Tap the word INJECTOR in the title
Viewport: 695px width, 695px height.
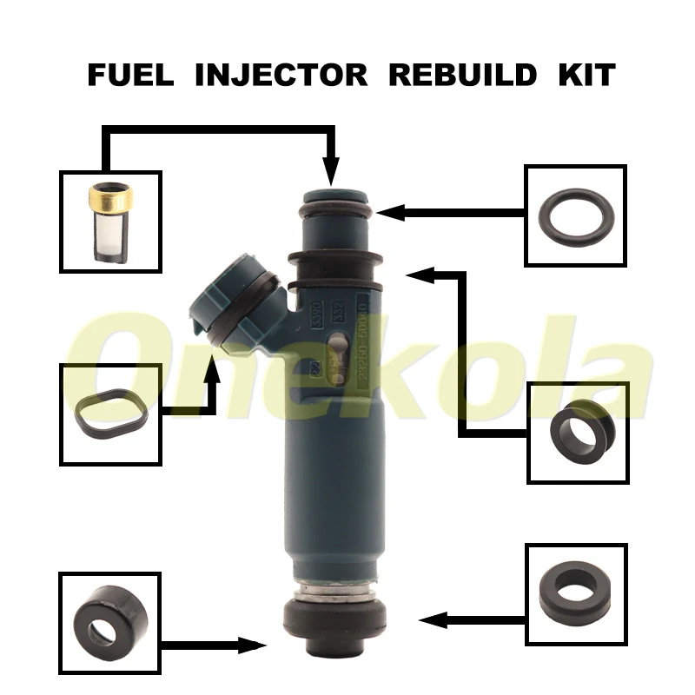point(281,75)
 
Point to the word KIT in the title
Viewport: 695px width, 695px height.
point(587,75)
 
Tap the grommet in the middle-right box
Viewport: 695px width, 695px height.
point(577,431)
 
